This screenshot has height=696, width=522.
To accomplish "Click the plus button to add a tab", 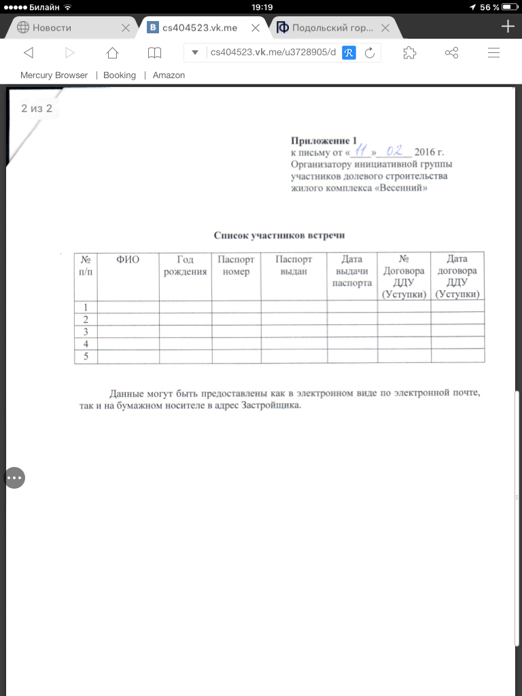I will point(507,27).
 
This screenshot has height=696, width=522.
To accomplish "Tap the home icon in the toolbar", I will point(113,53).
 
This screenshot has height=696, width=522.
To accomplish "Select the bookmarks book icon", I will point(155,53).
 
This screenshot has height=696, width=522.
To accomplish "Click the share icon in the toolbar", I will point(451,53).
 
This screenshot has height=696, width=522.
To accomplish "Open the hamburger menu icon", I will point(494,53).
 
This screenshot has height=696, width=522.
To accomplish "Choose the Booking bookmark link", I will point(120,75).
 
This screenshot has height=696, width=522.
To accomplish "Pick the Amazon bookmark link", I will point(169,75).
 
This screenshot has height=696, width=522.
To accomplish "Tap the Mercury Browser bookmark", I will point(54,75).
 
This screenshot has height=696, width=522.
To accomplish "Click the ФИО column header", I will point(128,260).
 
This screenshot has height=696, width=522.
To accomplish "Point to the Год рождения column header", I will point(186,266).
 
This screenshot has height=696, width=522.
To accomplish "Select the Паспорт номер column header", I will point(236,266).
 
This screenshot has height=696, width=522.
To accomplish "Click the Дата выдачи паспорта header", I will point(352,271).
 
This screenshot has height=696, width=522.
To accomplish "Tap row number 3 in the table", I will point(86,332).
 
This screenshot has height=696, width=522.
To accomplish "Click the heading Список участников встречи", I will point(280,235).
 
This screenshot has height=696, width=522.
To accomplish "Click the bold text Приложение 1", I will point(324,141).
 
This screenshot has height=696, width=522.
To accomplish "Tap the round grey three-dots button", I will point(15,478).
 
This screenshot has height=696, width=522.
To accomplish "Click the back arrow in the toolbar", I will point(28,53).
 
